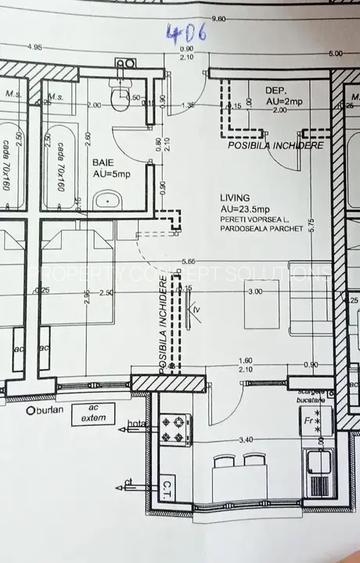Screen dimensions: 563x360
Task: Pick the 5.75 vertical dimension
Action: [311, 226]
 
